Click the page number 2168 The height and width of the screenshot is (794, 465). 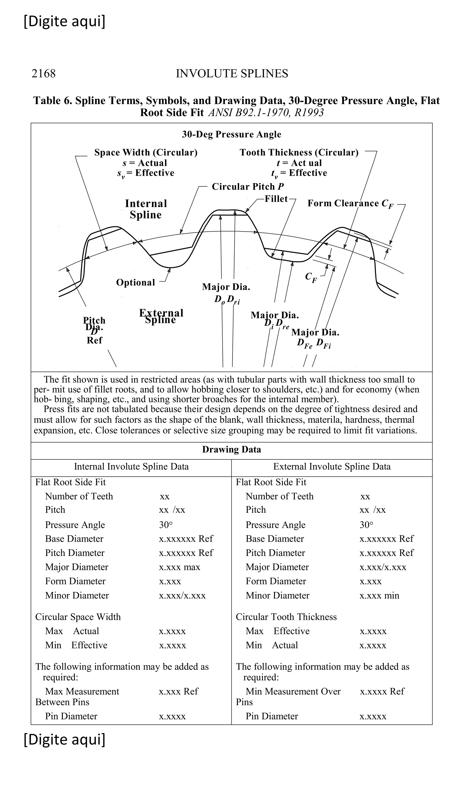[43, 73]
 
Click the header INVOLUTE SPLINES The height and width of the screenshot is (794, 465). [232, 73]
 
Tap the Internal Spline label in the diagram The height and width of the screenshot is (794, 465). [146, 209]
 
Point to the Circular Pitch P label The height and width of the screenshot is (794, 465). [247, 187]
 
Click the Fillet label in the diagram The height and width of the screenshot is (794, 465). [276, 199]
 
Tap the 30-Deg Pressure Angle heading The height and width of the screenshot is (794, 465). [231, 134]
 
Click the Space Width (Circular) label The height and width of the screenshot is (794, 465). [146, 152]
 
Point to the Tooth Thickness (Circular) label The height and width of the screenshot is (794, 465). [299, 152]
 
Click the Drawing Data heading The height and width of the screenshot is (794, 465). [231, 449]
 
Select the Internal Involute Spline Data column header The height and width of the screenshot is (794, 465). [131, 466]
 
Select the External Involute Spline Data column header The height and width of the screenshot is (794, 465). [331, 466]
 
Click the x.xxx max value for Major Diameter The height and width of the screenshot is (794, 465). [179, 567]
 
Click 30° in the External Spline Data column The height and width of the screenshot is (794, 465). [366, 525]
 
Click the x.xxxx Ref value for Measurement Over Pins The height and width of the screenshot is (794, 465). [382, 691]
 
